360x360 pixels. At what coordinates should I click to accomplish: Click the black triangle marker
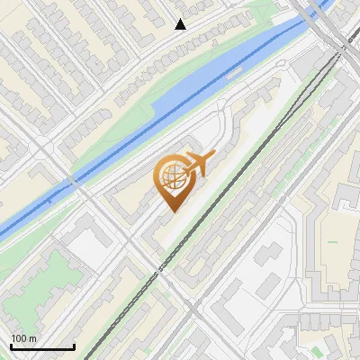click(x=180, y=24)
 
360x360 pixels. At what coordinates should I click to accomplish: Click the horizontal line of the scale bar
click(x=41, y=346)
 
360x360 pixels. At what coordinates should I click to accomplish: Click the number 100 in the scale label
click(x=20, y=339)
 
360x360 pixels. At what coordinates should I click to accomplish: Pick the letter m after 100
click(x=32, y=339)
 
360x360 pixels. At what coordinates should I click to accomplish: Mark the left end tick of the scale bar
click(x=10, y=345)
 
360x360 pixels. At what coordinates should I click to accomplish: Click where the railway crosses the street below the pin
click(x=161, y=268)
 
